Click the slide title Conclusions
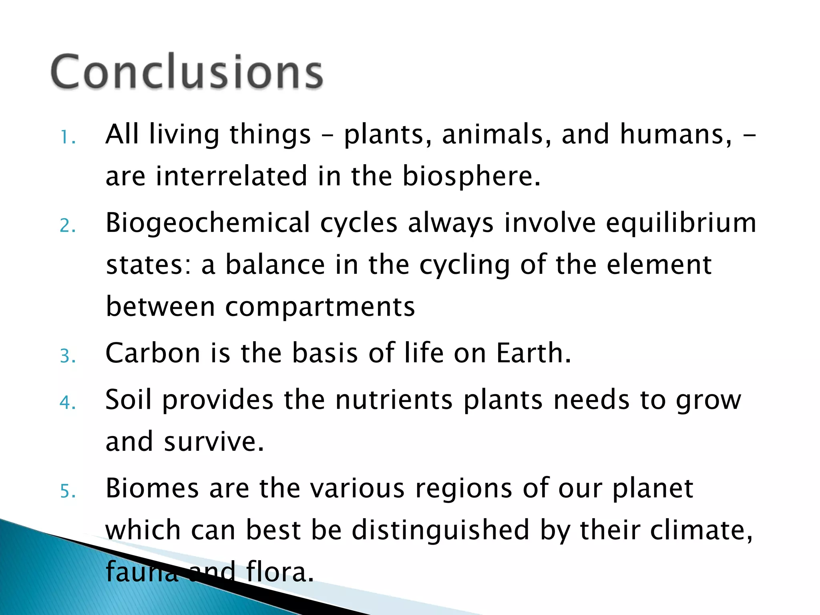tap(187, 72)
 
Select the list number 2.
tap(67, 225)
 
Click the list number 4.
tap(67, 402)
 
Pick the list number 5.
tap(67, 491)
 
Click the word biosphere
tap(471, 176)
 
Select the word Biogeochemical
tap(208, 223)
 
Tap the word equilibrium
tap(681, 223)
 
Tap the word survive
tap(214, 442)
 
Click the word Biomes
tap(152, 488)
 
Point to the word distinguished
tap(440, 530)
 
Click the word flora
tap(279, 572)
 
